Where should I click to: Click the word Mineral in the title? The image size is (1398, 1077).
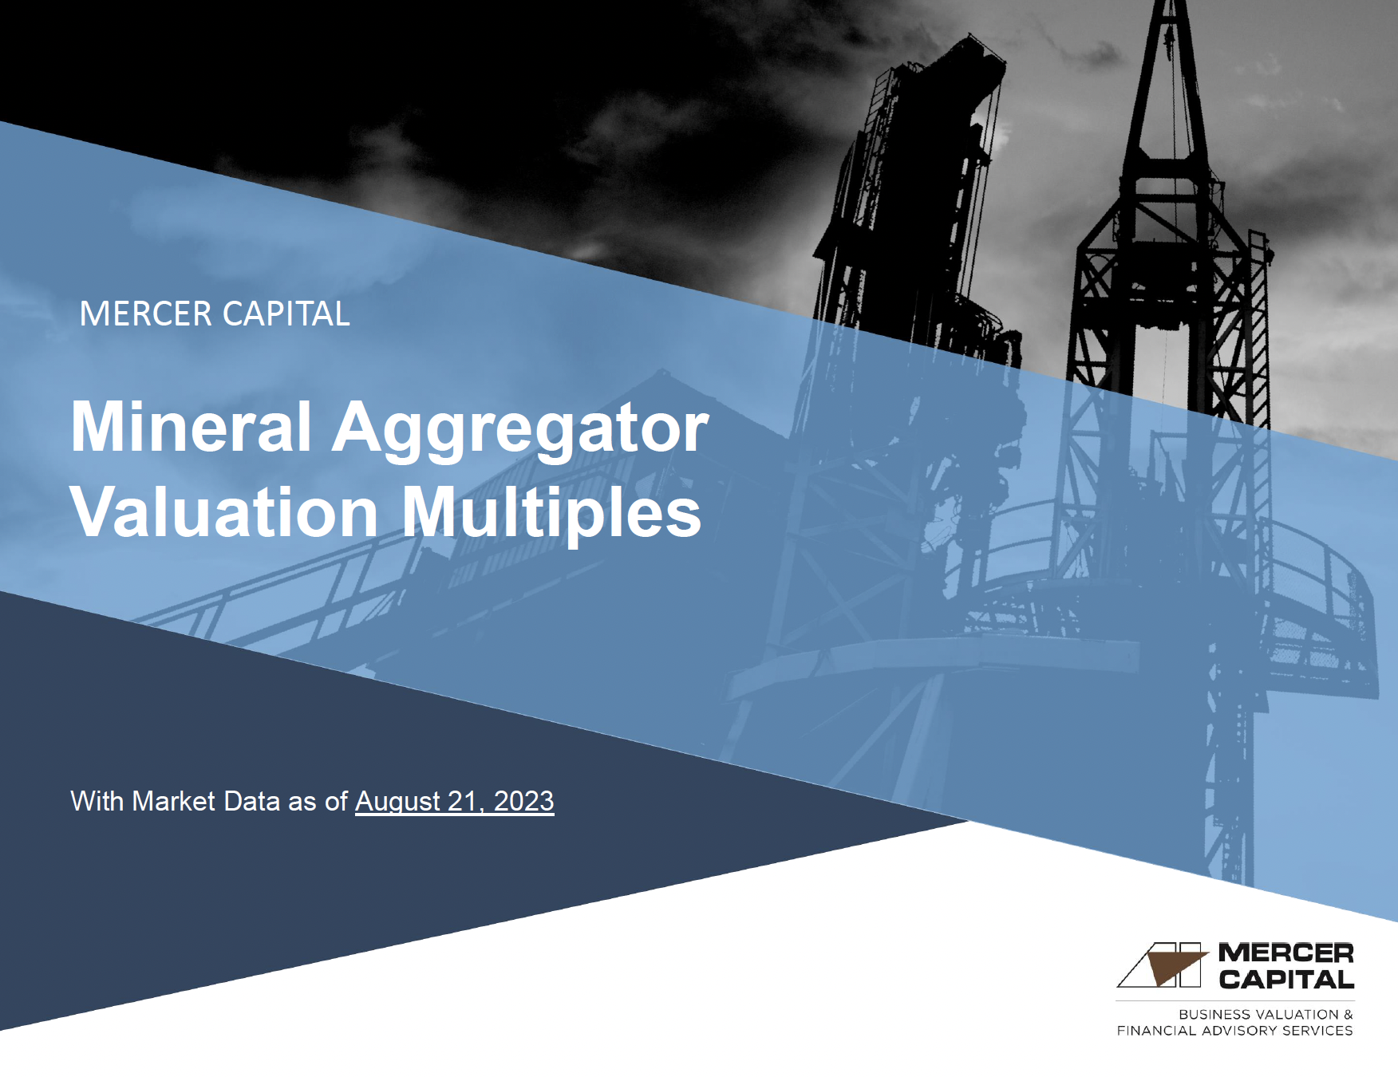[x=191, y=428]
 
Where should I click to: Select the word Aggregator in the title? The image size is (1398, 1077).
[x=520, y=429]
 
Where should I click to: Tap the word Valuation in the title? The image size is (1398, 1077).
[x=224, y=512]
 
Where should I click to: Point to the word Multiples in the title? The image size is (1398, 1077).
[x=551, y=514]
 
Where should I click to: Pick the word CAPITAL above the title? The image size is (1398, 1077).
[x=286, y=314]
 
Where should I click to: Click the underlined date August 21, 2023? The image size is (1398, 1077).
[x=454, y=801]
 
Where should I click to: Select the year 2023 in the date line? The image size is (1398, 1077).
[x=523, y=801]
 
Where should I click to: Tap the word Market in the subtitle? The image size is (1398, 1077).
[x=173, y=801]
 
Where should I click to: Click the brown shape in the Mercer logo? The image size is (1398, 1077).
[x=1173, y=968]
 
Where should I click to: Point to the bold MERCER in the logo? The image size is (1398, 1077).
[x=1285, y=953]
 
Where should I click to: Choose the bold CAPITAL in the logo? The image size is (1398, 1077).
[x=1285, y=980]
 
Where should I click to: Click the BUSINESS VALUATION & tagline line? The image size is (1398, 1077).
[x=1266, y=1015]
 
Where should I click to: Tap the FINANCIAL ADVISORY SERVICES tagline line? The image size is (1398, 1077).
[x=1234, y=1031]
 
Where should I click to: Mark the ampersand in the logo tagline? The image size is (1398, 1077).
[x=1348, y=1015]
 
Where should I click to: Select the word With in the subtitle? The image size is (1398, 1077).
[x=97, y=801]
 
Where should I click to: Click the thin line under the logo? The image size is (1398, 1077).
[x=1234, y=1000]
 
